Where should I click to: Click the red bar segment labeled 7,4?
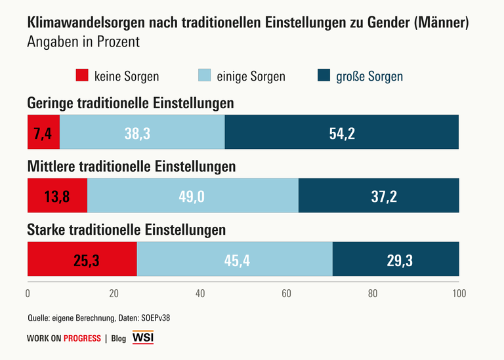43,132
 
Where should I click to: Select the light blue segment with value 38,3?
142,132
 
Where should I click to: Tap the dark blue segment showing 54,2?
341,132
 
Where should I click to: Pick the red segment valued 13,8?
57,195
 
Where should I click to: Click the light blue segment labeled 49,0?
192,195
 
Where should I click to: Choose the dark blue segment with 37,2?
379,195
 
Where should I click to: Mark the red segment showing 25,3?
82,259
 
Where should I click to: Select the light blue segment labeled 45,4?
234,259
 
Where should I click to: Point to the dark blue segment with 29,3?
396,259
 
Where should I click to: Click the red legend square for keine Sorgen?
82,75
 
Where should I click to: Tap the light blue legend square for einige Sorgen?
203,75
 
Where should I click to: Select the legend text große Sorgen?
369,76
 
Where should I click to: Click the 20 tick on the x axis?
114,293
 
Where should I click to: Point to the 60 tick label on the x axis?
286,293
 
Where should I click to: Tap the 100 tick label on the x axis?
458,293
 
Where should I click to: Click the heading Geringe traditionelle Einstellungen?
130,104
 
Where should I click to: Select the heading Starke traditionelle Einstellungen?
126,230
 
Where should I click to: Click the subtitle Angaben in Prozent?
83,42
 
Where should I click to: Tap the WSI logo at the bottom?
143,338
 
